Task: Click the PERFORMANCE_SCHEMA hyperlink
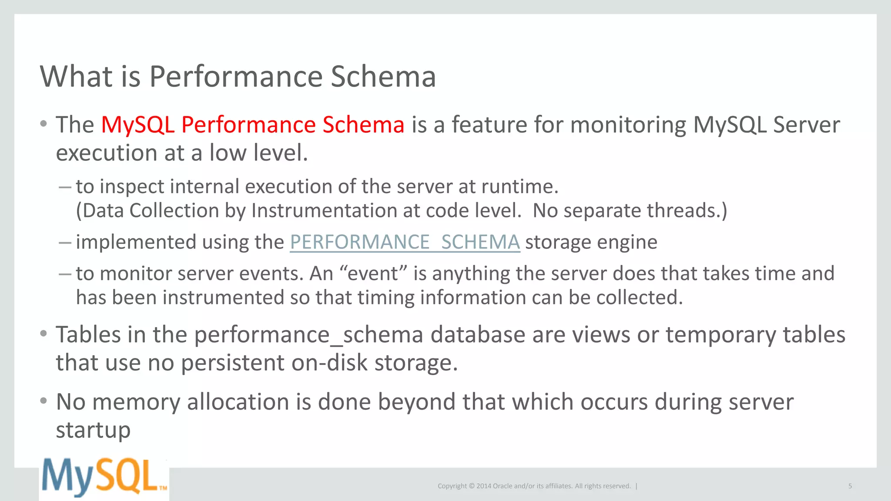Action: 405,242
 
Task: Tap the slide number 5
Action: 850,486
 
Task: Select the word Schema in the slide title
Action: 383,77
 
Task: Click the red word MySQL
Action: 137,125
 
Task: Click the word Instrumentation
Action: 324,211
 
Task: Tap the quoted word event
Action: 373,274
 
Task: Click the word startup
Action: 93,431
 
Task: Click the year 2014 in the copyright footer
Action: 483,486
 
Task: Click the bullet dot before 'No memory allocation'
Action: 43,401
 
